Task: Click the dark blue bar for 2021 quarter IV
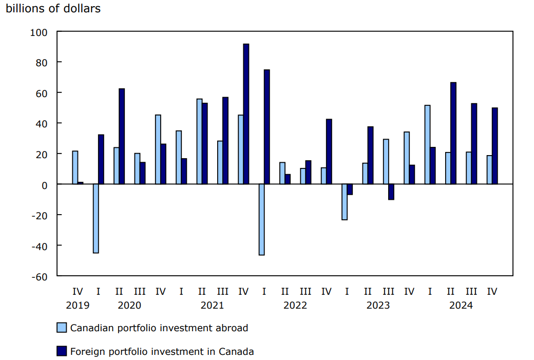click(246, 114)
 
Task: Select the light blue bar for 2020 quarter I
click(96, 218)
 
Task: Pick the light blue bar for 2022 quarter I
click(261, 219)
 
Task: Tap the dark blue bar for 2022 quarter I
click(267, 127)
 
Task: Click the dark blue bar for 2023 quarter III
click(391, 192)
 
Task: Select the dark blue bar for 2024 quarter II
click(453, 133)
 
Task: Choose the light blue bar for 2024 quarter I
click(427, 144)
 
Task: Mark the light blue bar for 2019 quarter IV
click(75, 167)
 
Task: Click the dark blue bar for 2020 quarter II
click(122, 136)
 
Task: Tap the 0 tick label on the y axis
click(44, 184)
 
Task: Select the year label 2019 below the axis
click(78, 305)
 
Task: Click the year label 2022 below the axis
click(295, 305)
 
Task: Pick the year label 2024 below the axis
click(461, 305)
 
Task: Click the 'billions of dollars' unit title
click(53, 9)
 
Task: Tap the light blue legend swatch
click(62, 328)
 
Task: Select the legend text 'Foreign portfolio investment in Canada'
click(162, 352)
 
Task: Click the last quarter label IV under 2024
click(492, 291)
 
